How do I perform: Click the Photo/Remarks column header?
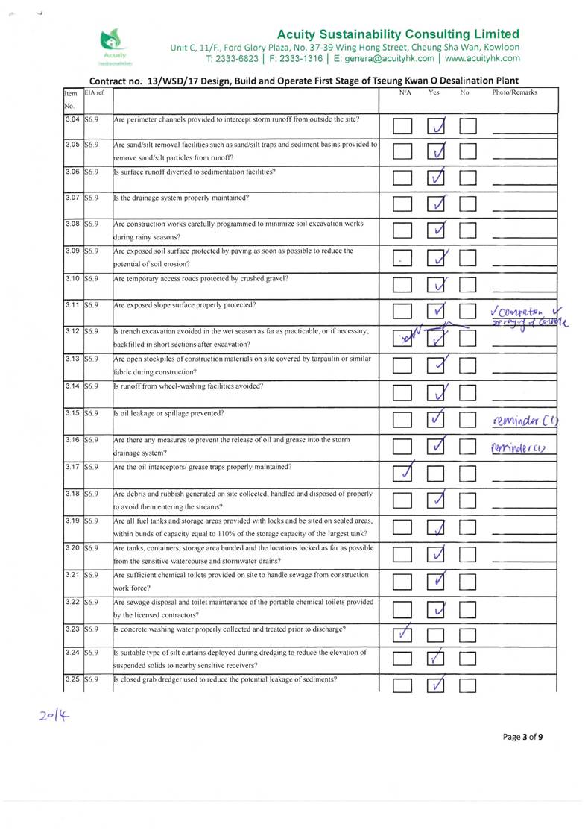(514, 93)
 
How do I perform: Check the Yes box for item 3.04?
(437, 128)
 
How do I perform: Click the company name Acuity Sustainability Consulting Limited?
(398, 34)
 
